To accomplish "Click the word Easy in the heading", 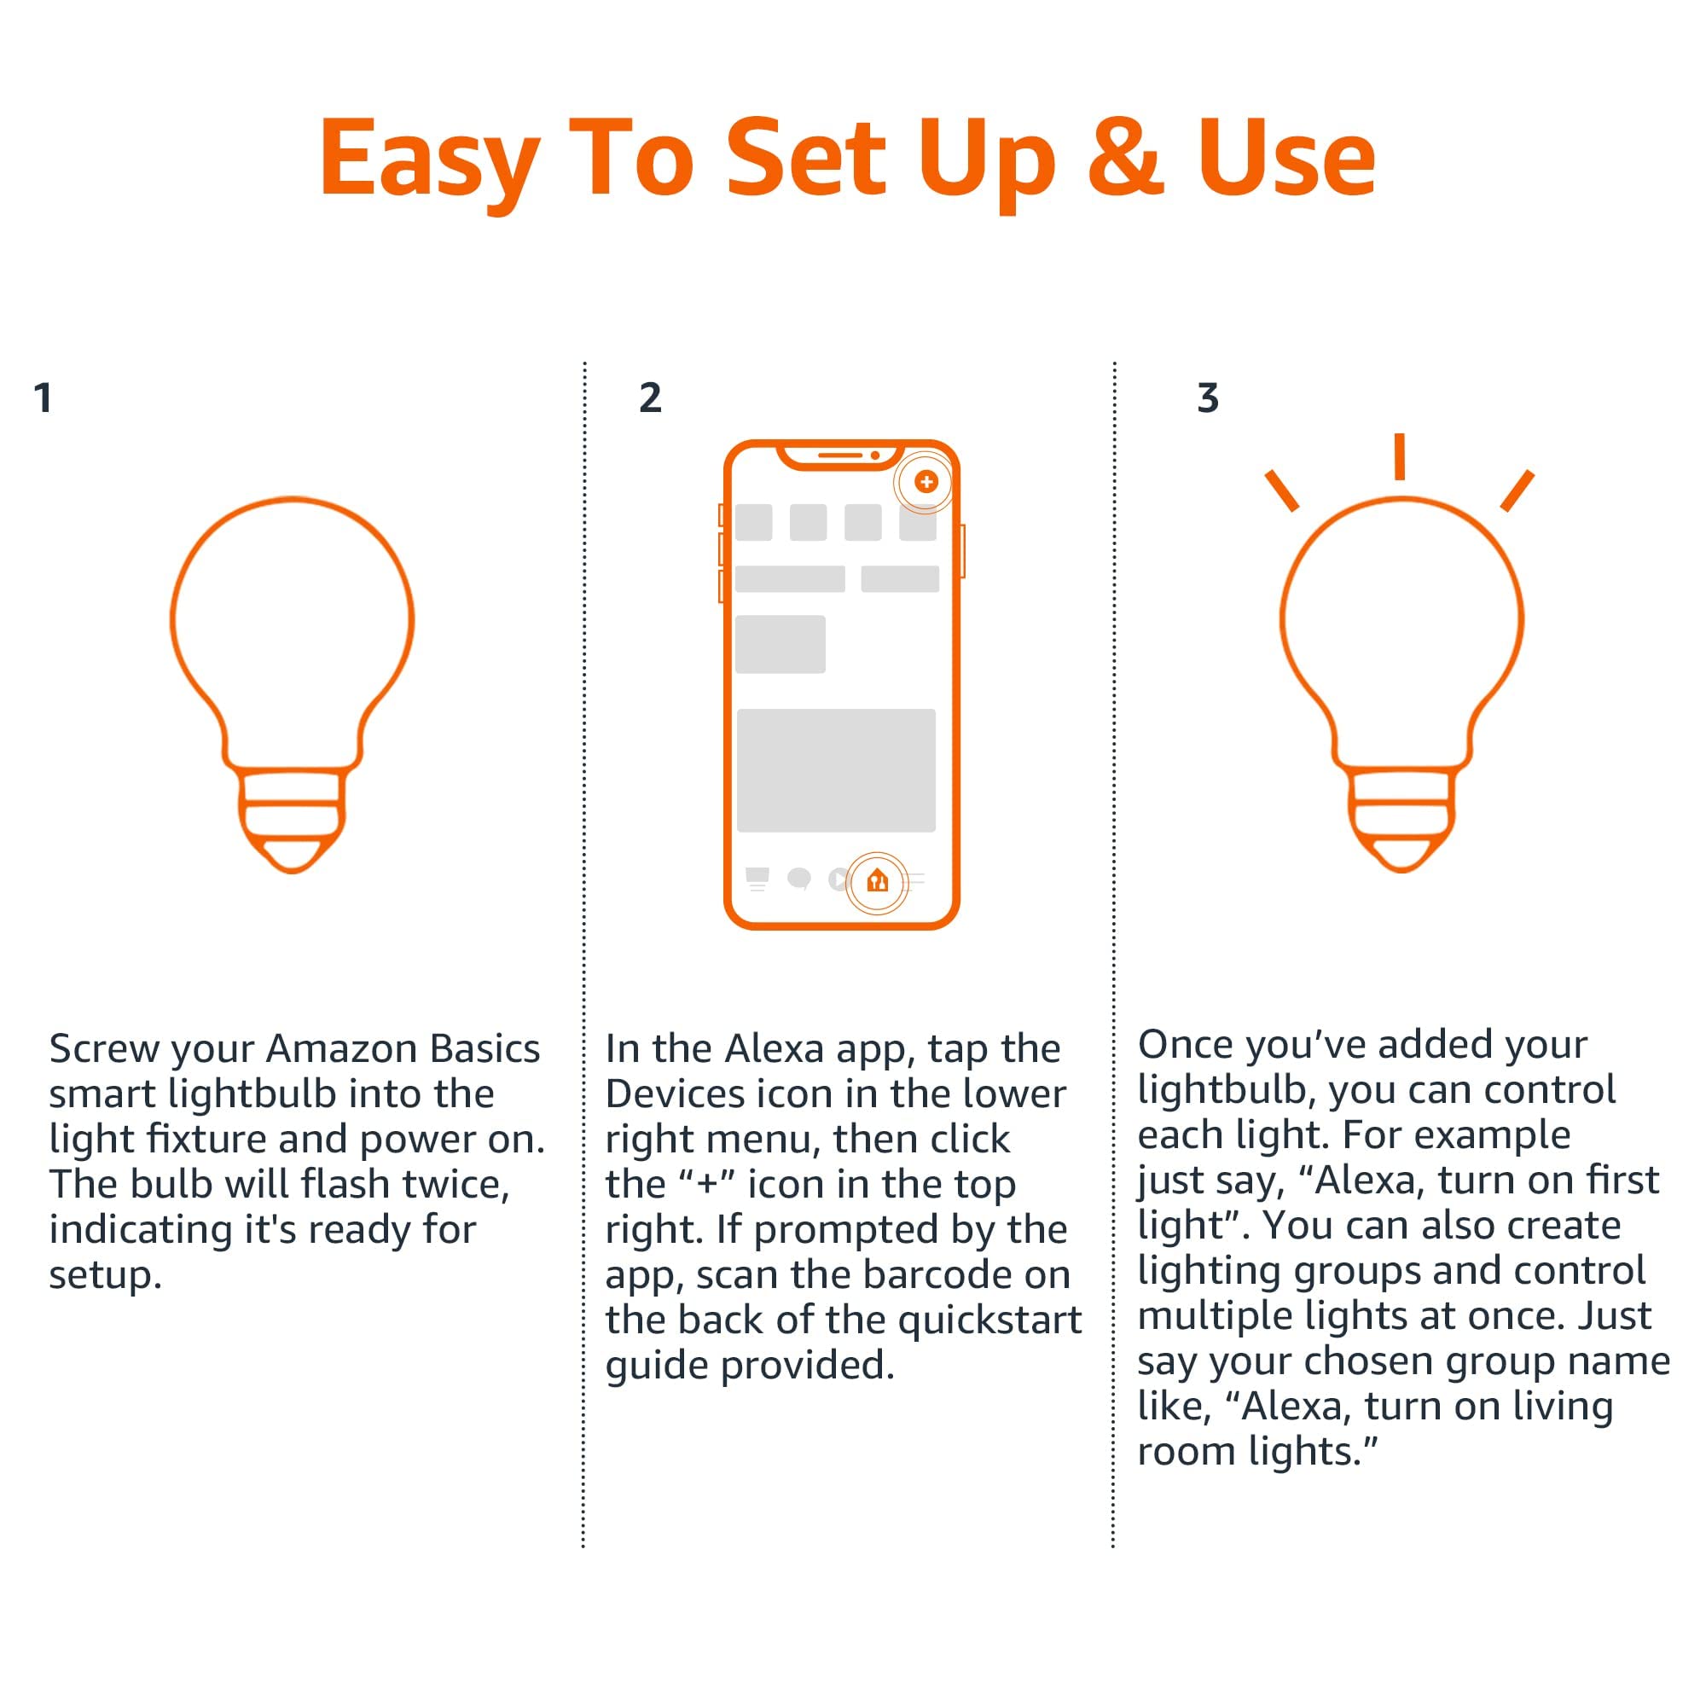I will (428, 159).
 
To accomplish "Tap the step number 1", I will (43, 398).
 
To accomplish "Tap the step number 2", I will (650, 398).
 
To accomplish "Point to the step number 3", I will (1207, 398).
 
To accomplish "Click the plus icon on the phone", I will (926, 481).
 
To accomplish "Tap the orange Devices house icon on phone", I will (877, 880).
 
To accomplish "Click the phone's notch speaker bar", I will (839, 456).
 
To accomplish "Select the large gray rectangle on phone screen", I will (835, 770).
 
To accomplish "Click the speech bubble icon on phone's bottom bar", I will (799, 879).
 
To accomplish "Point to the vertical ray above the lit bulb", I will (1400, 456).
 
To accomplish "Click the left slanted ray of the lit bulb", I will (1281, 491).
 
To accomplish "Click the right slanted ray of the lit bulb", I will (1517, 491).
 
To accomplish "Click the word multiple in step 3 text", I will (1214, 1315).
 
